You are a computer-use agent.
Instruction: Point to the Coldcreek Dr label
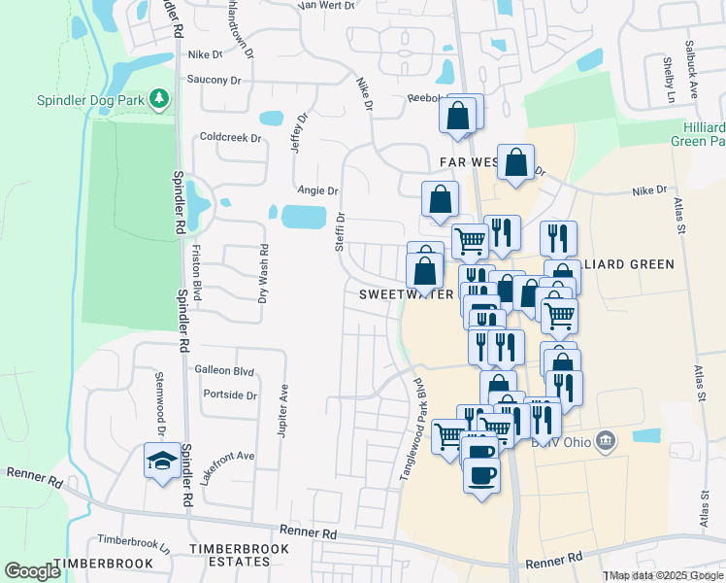[230, 138]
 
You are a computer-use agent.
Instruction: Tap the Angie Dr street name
[318, 191]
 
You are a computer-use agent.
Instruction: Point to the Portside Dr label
[230, 395]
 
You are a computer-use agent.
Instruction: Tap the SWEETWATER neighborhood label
[405, 293]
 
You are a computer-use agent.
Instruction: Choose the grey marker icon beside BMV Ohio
[605, 442]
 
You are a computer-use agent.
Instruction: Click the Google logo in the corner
[32, 571]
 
